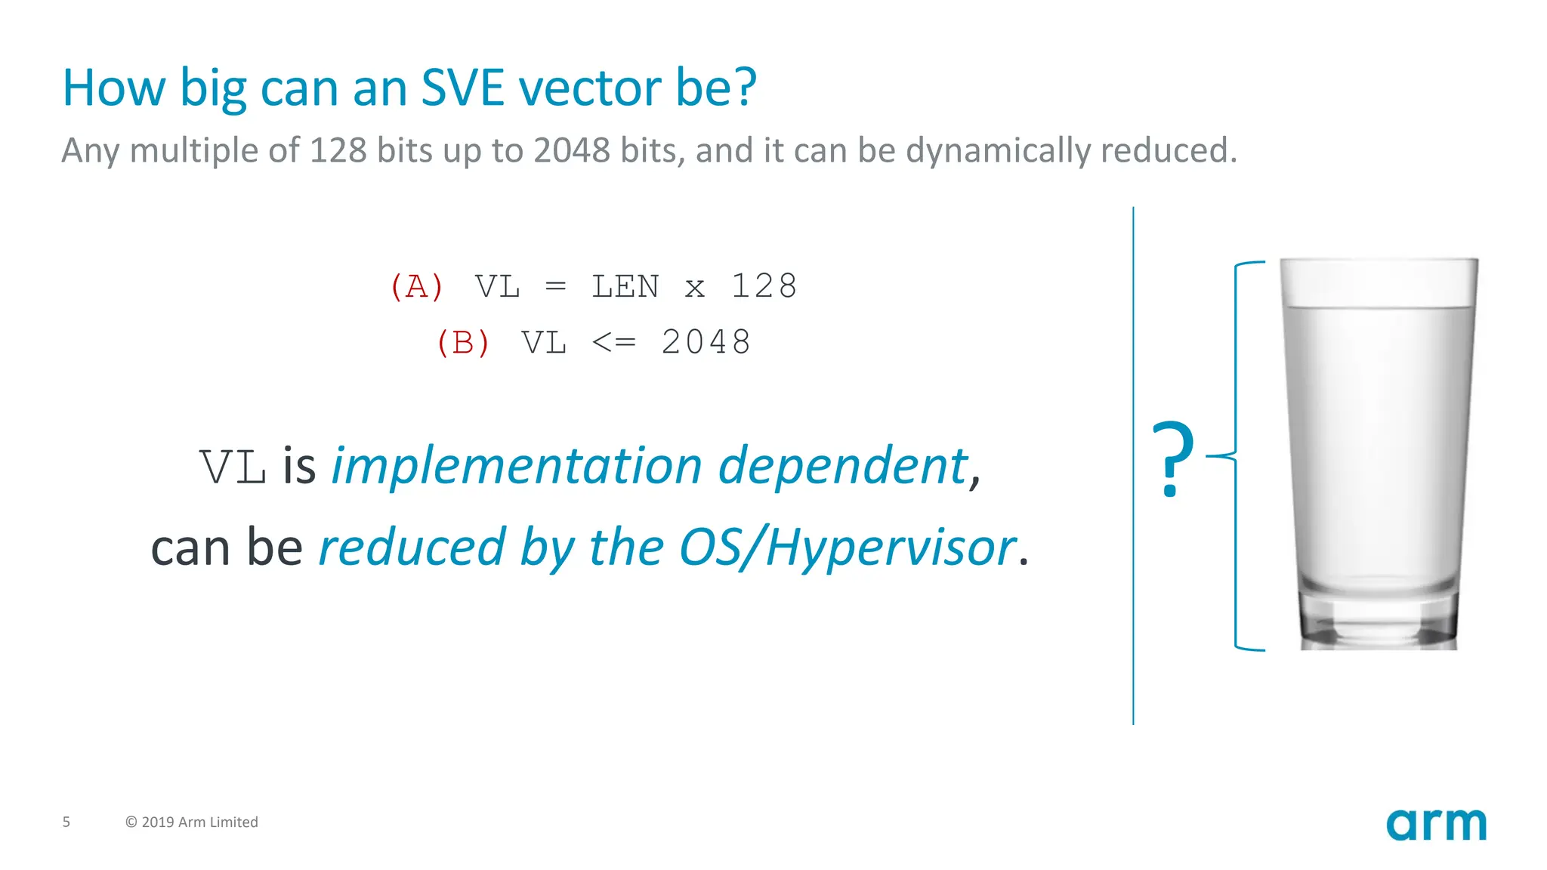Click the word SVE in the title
[x=462, y=88]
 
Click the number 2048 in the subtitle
[x=572, y=150]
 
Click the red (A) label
[x=416, y=287]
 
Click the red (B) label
[x=463, y=343]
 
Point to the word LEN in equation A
[x=625, y=287]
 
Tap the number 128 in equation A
[x=764, y=287]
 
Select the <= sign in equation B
[x=613, y=343]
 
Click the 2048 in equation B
[x=706, y=343]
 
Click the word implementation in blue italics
[x=517, y=466]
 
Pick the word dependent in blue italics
[x=842, y=466]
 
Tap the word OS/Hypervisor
[x=847, y=548]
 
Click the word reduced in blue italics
[x=412, y=548]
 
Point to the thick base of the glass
[x=1379, y=623]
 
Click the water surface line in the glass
[x=1379, y=307]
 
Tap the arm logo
[x=1436, y=824]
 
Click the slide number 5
[x=66, y=822]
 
